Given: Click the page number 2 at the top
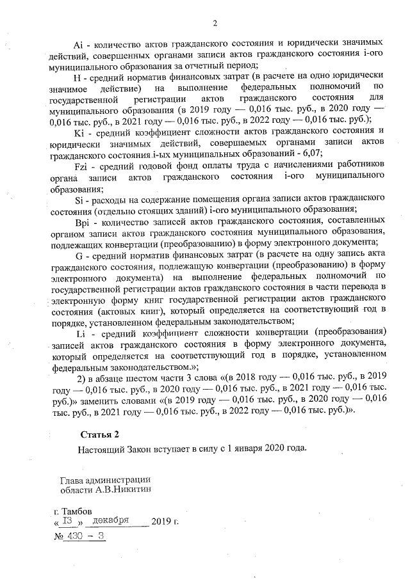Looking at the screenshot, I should pyautogui.click(x=215, y=24).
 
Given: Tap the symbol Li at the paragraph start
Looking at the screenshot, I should pyautogui.click(x=81, y=331).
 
